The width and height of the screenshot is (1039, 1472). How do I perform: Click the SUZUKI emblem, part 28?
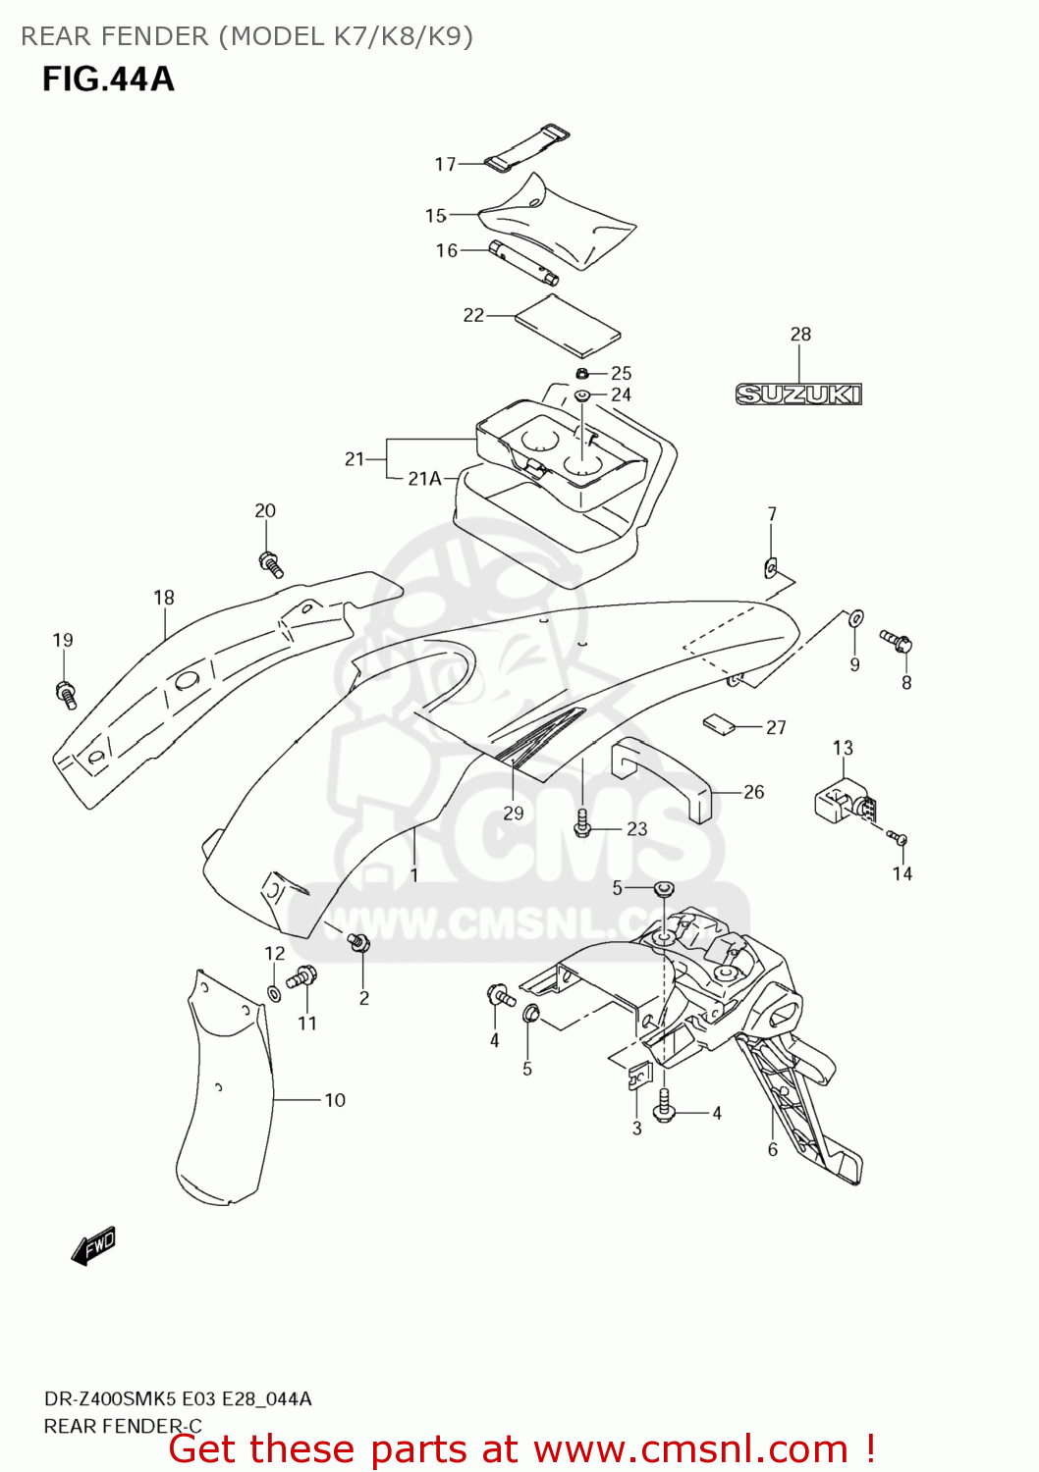tap(798, 394)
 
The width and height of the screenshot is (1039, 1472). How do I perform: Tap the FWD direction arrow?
tap(94, 1246)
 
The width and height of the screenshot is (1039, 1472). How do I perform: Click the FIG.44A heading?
tap(108, 79)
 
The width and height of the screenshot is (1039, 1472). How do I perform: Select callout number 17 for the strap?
tap(445, 164)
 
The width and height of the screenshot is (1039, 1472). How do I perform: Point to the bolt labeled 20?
tap(270, 564)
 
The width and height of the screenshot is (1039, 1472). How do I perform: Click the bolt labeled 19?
tap(66, 693)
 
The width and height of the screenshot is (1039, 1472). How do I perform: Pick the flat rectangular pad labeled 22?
tap(569, 325)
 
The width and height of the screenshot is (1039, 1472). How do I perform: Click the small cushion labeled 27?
tap(719, 725)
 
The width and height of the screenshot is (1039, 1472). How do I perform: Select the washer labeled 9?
tap(855, 617)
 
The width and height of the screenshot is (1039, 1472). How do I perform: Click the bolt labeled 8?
tap(898, 642)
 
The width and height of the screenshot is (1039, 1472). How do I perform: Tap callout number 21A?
tap(424, 479)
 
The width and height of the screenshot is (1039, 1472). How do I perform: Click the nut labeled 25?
tap(582, 373)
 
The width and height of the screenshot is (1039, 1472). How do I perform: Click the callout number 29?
tap(514, 813)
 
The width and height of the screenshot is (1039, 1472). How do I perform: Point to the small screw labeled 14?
tap(899, 839)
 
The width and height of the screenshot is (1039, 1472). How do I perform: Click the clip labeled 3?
tap(638, 1078)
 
